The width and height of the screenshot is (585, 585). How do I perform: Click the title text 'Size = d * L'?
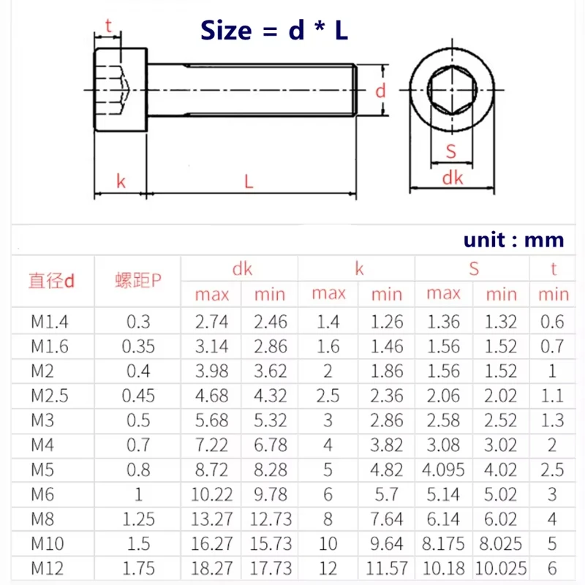click(274, 30)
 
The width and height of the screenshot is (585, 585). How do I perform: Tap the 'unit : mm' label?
click(513, 240)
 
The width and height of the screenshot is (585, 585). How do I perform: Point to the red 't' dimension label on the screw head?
click(108, 26)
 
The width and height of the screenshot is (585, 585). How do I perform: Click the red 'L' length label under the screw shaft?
click(249, 181)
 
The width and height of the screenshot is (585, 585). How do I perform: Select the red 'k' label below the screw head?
click(121, 181)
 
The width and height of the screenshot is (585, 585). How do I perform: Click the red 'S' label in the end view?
click(451, 151)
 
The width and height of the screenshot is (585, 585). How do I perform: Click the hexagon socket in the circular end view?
click(451, 92)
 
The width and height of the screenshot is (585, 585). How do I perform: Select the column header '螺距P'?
click(137, 281)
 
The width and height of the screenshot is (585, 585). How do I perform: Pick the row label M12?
click(48, 568)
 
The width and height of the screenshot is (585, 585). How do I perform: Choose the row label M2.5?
click(49, 396)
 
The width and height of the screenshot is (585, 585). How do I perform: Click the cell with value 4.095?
click(444, 469)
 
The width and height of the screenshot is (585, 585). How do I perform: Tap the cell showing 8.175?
click(444, 543)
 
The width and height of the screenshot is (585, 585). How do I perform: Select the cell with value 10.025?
click(502, 568)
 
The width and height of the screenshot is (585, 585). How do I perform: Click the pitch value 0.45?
click(138, 396)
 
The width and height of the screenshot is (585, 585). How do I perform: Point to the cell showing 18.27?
click(211, 568)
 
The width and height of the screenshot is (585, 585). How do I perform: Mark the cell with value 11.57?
click(387, 568)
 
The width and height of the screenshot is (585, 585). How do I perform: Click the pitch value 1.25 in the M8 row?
click(138, 519)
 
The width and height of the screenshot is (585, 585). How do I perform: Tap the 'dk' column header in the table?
click(241, 268)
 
